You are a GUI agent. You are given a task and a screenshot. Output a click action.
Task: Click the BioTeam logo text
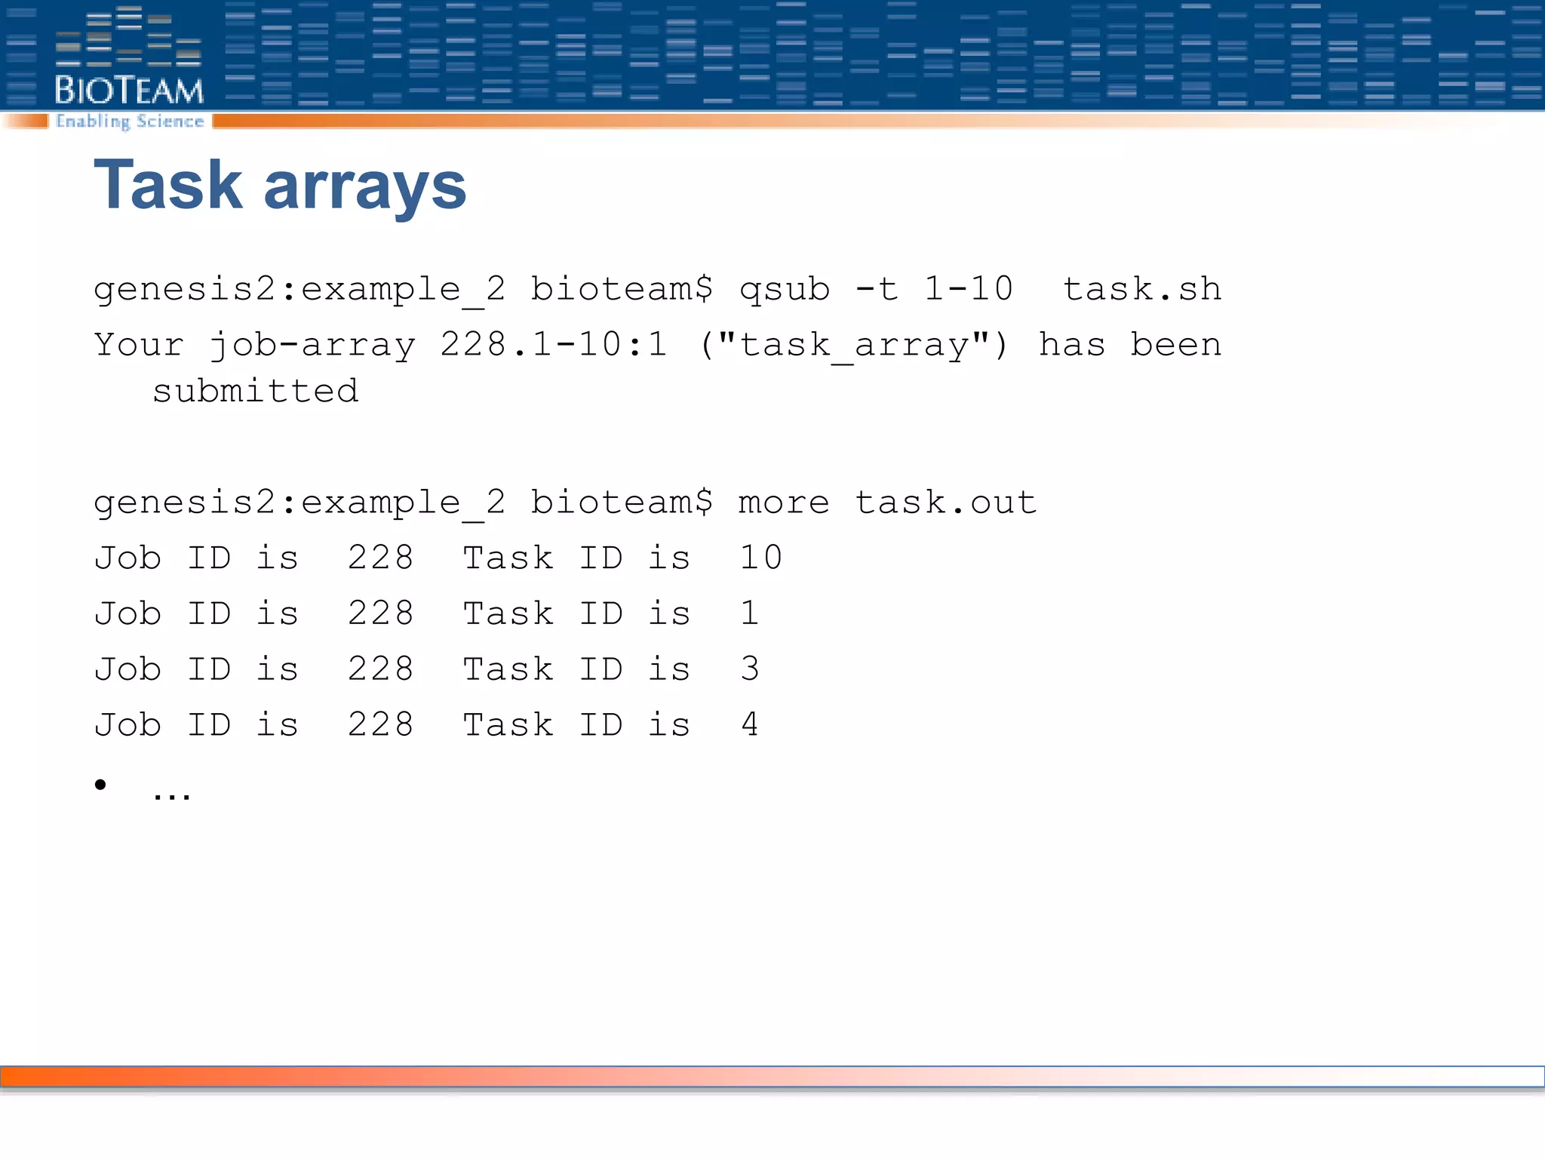pyautogui.click(x=129, y=91)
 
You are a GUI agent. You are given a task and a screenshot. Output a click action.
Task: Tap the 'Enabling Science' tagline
pyautogui.click(x=130, y=121)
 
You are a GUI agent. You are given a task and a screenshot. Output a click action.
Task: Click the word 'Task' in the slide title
pyautogui.click(x=167, y=186)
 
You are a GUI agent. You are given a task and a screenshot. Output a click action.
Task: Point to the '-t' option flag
pyautogui.click(x=877, y=289)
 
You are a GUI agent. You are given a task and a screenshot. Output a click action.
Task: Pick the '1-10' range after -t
pyautogui.click(x=968, y=289)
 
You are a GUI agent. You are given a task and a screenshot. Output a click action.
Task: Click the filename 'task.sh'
pyautogui.click(x=1141, y=289)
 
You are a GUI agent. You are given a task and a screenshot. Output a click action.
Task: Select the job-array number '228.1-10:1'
pyautogui.click(x=554, y=345)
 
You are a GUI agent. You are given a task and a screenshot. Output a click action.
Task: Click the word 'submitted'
pyautogui.click(x=255, y=391)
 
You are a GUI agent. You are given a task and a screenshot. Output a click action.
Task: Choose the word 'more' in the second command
pyautogui.click(x=783, y=503)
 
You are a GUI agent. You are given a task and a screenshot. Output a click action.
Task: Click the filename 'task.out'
pyautogui.click(x=945, y=503)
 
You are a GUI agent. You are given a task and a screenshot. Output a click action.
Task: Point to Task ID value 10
pyautogui.click(x=760, y=558)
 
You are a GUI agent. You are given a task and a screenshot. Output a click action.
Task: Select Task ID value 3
pyautogui.click(x=749, y=669)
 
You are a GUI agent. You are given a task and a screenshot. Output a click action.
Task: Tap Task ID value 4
pyautogui.click(x=749, y=725)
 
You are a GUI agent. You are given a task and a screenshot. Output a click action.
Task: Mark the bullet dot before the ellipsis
pyautogui.click(x=100, y=785)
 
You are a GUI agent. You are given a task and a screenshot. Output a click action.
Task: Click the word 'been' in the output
pyautogui.click(x=1175, y=345)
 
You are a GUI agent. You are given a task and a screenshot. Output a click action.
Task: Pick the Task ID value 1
pyautogui.click(x=749, y=613)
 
